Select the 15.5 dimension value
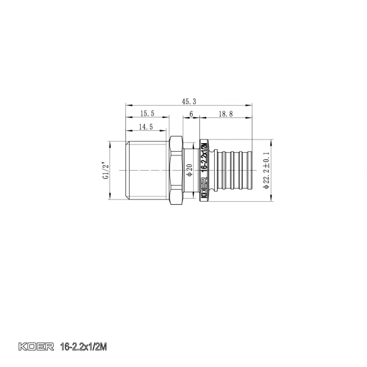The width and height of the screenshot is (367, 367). point(147,114)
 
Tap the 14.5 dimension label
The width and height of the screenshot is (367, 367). point(146,127)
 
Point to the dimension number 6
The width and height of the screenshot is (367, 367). point(191,114)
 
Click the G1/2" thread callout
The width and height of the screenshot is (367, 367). point(106,169)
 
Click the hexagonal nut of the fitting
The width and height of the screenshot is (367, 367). point(176,169)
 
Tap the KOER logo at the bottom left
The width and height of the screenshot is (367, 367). point(35,347)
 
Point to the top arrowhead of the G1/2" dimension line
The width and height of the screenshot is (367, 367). point(111,143)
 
